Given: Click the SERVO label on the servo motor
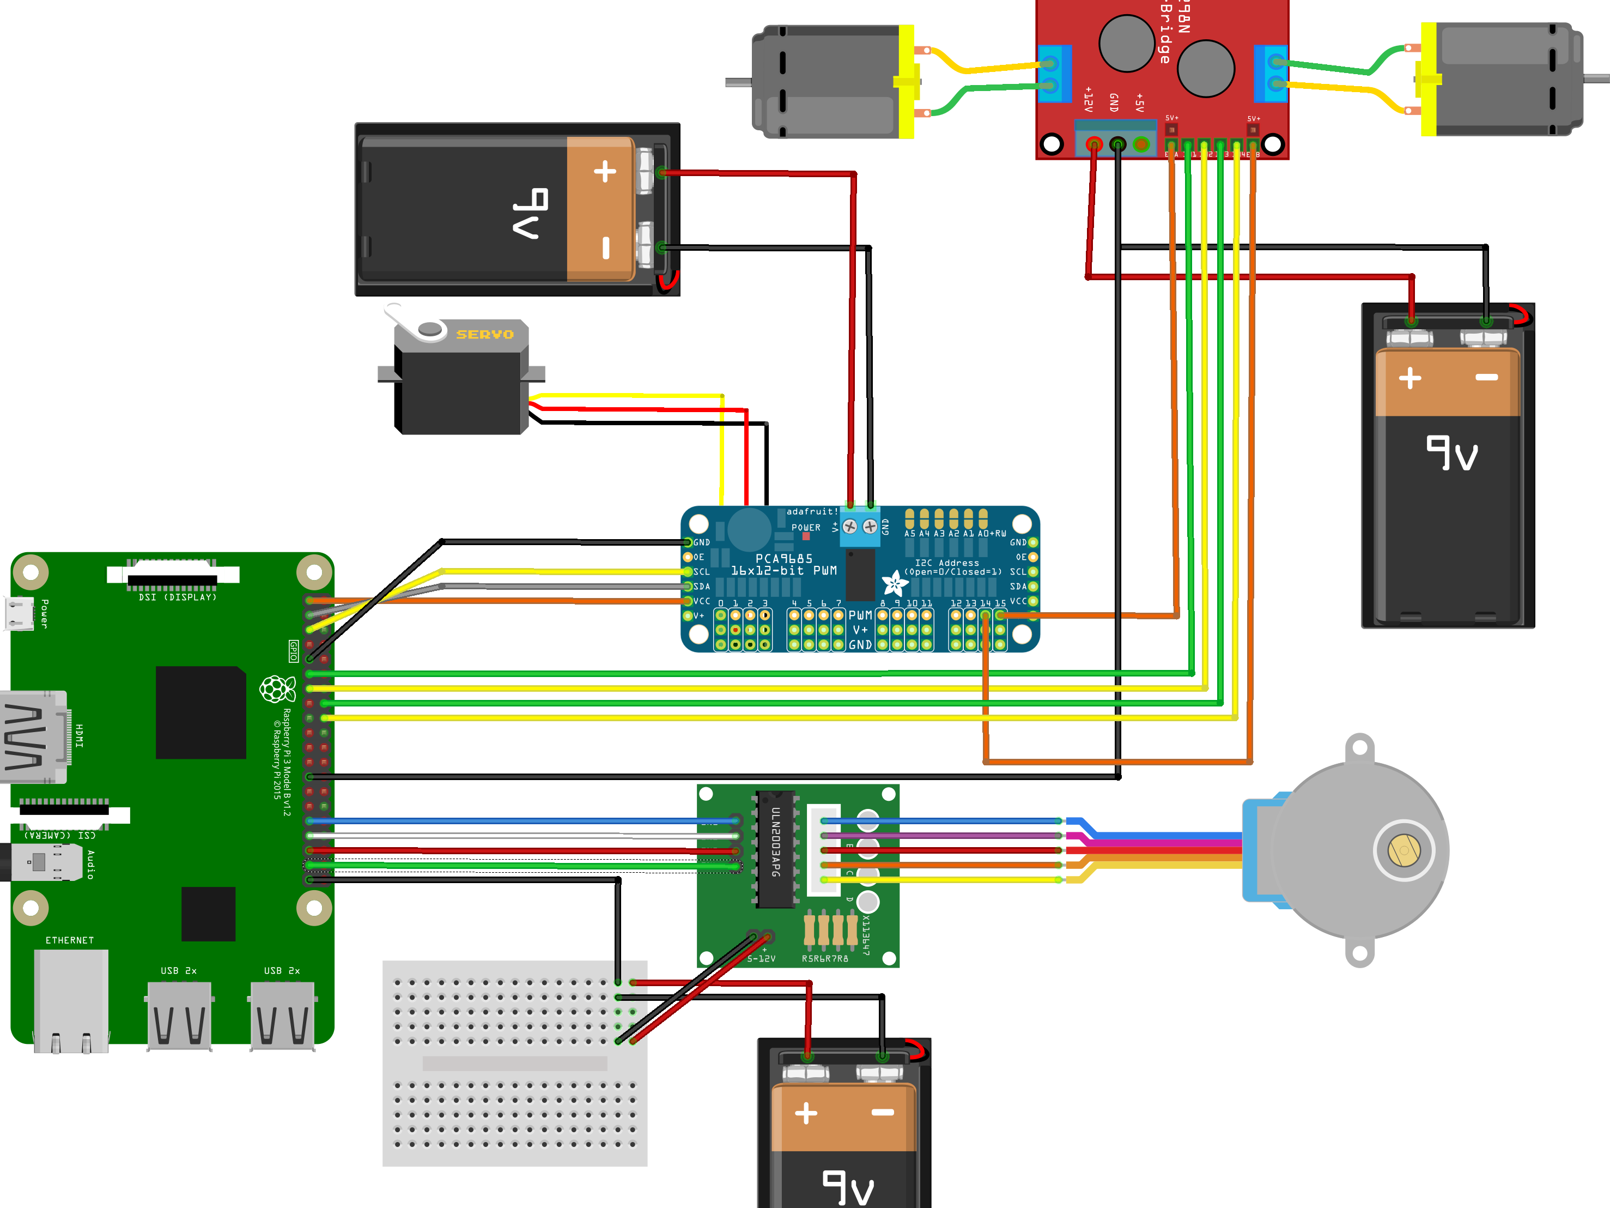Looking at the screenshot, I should (x=485, y=334).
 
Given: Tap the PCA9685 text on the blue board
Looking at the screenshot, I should (x=784, y=559).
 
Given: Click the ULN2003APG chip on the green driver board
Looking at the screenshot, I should (x=776, y=848).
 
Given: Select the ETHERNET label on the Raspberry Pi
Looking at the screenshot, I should (x=70, y=940).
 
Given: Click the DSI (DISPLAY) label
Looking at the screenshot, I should (x=178, y=597).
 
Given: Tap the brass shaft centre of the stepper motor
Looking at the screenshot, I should (x=1404, y=850).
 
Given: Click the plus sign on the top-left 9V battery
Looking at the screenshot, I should (x=605, y=172).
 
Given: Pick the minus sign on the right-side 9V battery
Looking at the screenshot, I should (x=1486, y=377).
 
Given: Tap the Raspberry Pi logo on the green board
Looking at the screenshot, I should (x=277, y=689).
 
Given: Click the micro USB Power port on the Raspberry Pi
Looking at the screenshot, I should (x=20, y=613).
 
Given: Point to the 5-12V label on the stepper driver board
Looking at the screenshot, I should (x=761, y=958).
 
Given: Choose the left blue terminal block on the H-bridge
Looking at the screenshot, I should (x=1053, y=74).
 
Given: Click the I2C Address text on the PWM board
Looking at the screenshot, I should (x=946, y=563).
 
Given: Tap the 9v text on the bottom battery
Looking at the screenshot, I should (x=848, y=1188).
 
